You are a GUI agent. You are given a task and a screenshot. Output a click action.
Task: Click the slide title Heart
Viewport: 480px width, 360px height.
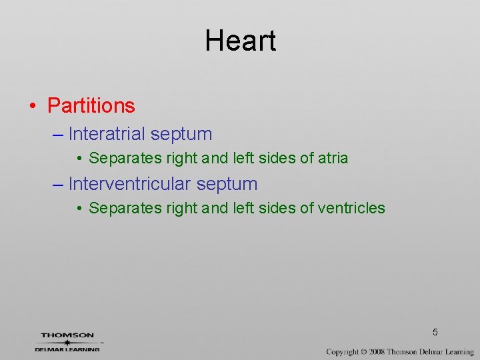(x=240, y=41)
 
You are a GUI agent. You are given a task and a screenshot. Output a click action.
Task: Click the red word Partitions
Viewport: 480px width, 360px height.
(x=91, y=105)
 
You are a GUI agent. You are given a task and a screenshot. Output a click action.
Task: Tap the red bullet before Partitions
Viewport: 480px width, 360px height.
(x=33, y=106)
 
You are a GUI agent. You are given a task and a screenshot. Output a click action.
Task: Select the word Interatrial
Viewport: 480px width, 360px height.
(x=107, y=134)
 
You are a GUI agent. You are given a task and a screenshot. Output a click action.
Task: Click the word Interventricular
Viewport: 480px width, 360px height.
(x=129, y=183)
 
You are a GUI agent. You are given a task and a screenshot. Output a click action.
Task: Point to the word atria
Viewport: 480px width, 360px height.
(x=333, y=159)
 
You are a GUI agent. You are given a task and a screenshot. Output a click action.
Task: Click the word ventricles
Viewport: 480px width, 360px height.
(x=351, y=208)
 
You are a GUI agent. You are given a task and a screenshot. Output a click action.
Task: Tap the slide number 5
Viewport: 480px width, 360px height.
(x=435, y=332)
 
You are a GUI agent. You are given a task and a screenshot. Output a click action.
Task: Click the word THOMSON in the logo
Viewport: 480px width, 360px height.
(x=67, y=335)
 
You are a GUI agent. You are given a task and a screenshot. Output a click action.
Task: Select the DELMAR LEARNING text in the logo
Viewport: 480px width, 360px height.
(x=67, y=349)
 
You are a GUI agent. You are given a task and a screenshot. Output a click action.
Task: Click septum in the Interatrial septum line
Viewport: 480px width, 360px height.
(x=181, y=134)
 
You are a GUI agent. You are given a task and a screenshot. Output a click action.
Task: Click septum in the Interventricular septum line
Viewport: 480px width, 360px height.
(x=227, y=183)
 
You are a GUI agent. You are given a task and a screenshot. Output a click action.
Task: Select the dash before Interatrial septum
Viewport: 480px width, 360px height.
(x=57, y=134)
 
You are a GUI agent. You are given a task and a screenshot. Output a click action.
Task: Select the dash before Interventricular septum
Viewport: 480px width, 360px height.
(x=57, y=183)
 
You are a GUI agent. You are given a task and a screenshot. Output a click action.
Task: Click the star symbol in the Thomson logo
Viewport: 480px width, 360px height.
(x=67, y=342)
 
